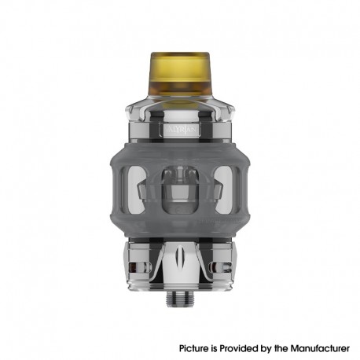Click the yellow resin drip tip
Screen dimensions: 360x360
pyautogui.click(x=180, y=75)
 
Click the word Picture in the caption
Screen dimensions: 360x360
pyautogui.click(x=195, y=347)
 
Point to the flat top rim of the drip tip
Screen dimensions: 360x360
pyautogui.click(x=180, y=55)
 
